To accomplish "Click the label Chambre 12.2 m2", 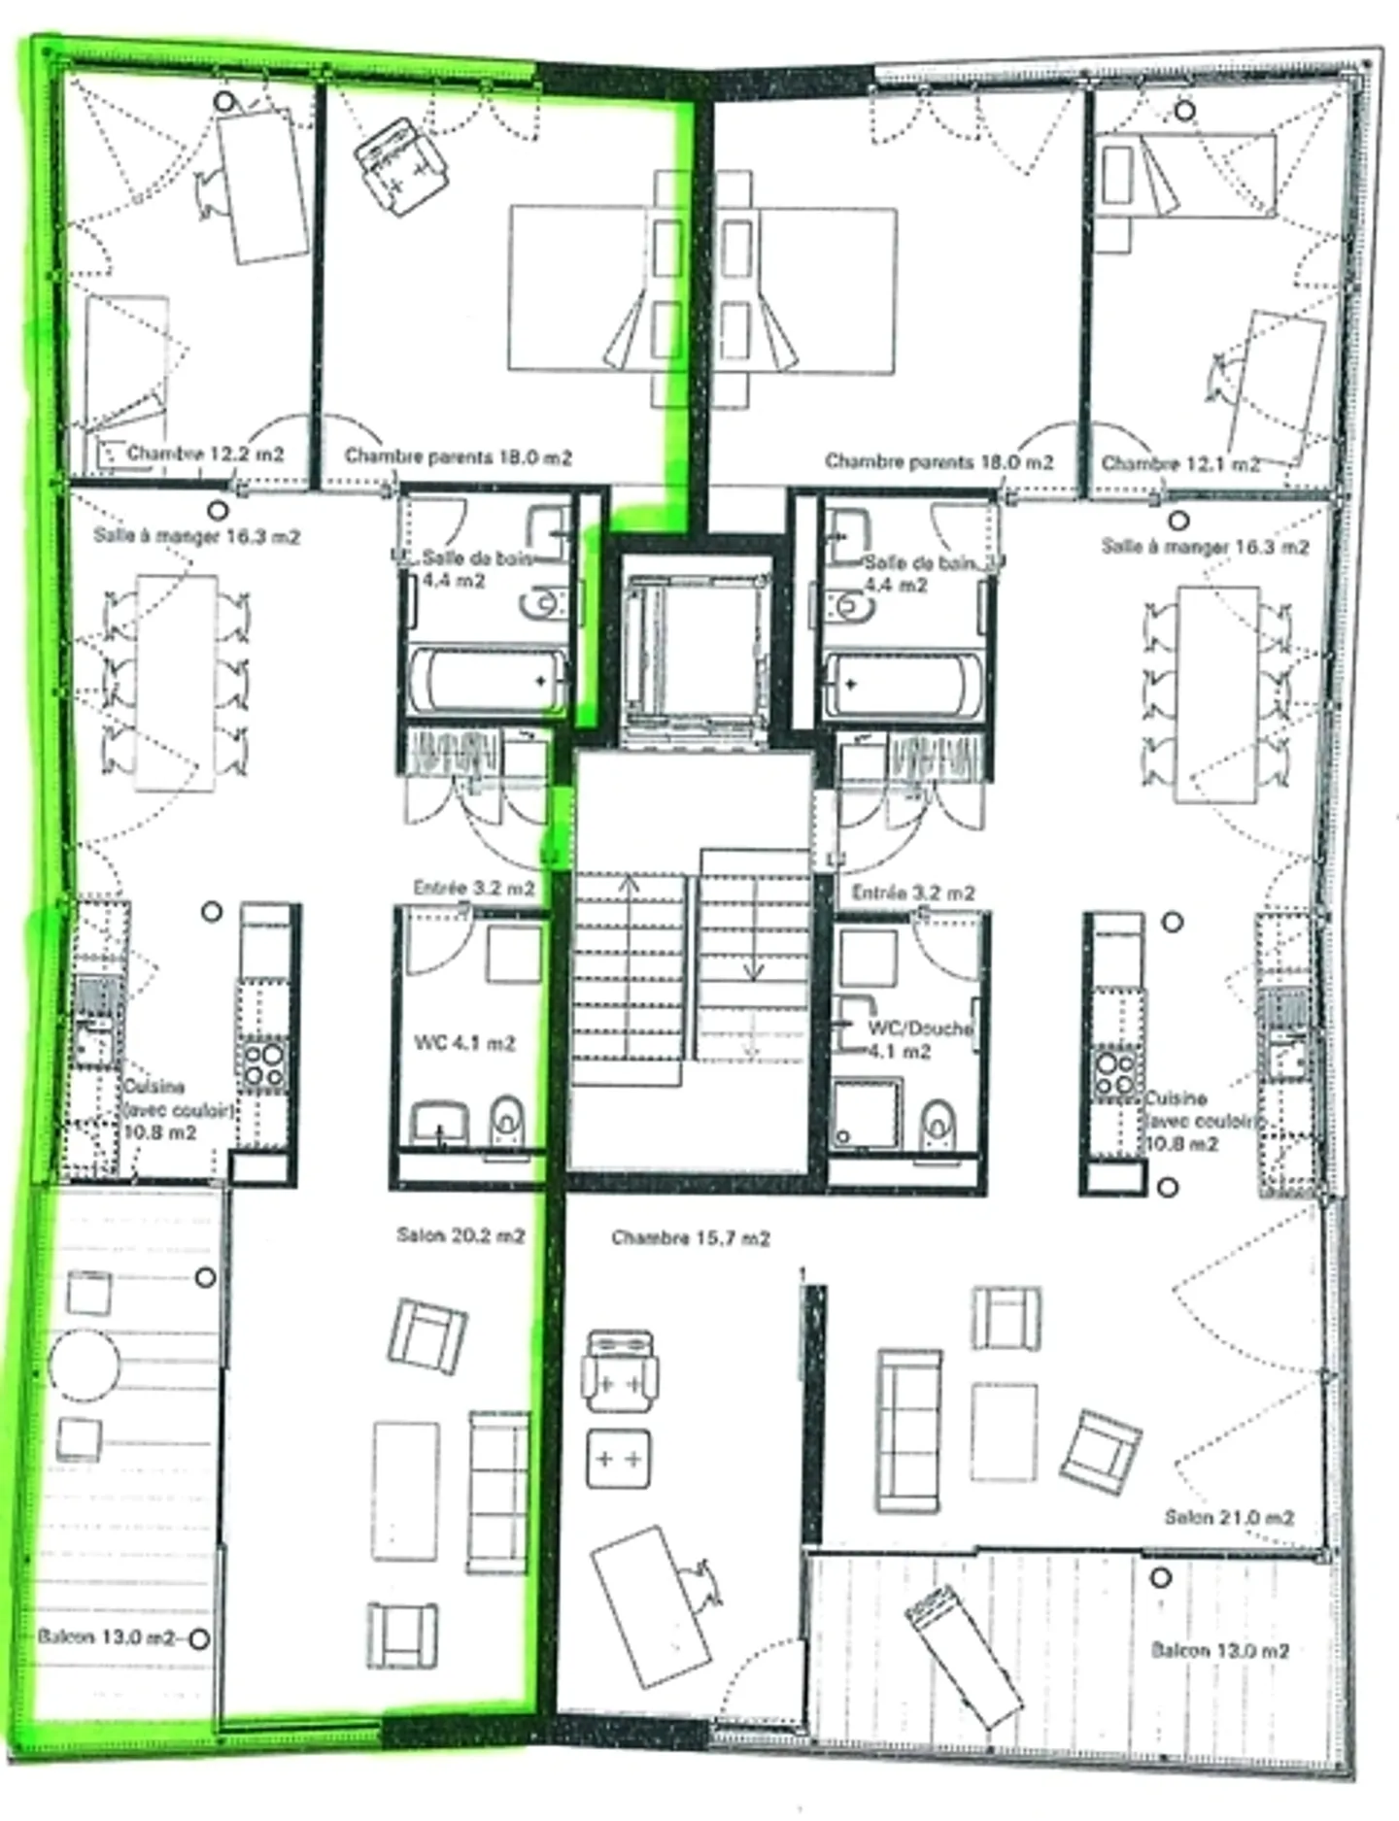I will click(205, 454).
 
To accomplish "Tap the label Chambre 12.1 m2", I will click(1180, 463).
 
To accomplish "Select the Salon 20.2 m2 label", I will click(461, 1235).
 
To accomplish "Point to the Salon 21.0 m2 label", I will click(1229, 1517).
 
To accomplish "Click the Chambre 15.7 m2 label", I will click(691, 1238).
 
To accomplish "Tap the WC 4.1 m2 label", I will click(464, 1043).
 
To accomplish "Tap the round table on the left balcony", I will click(85, 1366).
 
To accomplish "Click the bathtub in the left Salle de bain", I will click(487, 682).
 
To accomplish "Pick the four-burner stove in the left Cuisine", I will click(263, 1063).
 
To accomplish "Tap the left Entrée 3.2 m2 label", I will click(473, 888).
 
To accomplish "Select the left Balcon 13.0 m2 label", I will click(107, 1637).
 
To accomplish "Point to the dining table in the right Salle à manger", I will click(1217, 693).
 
